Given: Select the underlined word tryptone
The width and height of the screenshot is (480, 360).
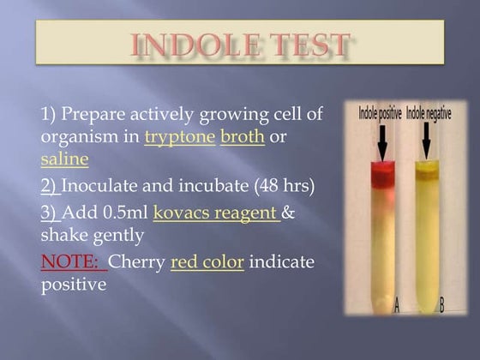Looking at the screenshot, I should tap(179, 137).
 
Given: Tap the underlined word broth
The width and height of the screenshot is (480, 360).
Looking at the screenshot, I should tap(242, 137).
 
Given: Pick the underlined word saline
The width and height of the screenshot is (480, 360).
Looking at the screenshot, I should tap(64, 159).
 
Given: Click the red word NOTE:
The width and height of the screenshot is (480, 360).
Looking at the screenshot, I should tap(73, 261).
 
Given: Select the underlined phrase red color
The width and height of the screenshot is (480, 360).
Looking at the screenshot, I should tap(207, 261).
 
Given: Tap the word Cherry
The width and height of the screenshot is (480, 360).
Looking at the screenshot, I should tap(139, 261).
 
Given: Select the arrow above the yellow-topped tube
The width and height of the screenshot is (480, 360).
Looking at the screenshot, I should tap(426, 141).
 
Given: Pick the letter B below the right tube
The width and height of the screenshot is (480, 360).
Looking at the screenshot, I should tap(441, 306).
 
